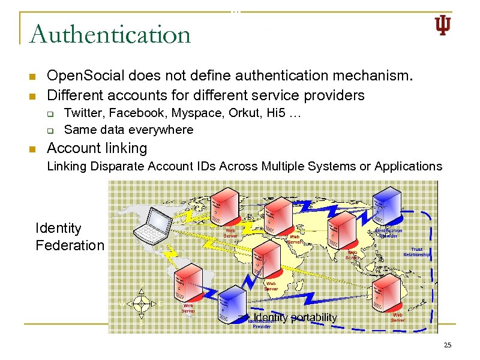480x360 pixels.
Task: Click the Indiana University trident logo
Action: (x=442, y=25)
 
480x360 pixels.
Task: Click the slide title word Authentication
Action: (x=110, y=34)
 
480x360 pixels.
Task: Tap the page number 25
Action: (x=447, y=345)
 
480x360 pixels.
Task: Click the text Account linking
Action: (x=97, y=148)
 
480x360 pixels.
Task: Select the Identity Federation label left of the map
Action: (x=70, y=236)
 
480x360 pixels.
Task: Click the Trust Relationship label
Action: (x=417, y=251)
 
